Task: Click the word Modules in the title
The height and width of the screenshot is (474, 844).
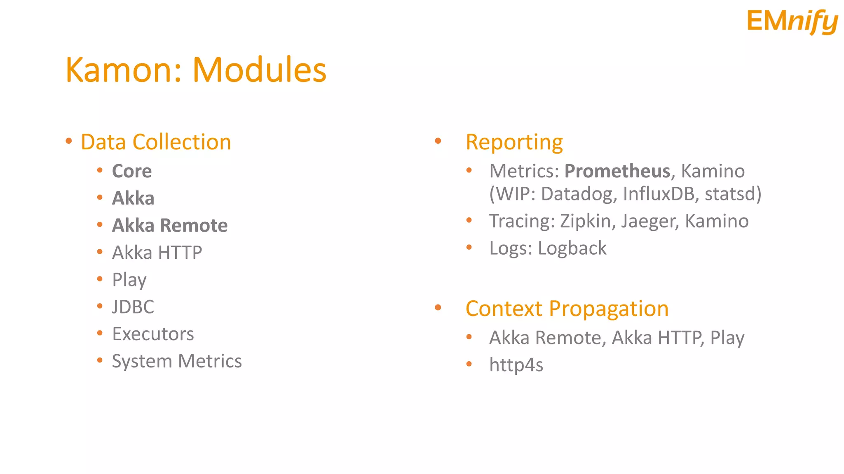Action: (259, 70)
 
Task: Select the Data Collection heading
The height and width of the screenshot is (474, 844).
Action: (156, 142)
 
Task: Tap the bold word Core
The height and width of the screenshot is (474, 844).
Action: (132, 171)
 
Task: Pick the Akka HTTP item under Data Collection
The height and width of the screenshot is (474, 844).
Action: (157, 253)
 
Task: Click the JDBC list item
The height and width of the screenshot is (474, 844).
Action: (133, 307)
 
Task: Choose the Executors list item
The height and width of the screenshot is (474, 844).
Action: (153, 334)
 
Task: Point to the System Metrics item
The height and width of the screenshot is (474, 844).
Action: (177, 361)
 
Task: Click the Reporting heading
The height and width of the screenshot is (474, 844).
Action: (514, 142)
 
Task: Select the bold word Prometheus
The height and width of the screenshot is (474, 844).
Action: (617, 171)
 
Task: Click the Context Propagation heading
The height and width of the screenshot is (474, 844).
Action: (567, 309)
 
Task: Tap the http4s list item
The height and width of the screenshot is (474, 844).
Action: (516, 365)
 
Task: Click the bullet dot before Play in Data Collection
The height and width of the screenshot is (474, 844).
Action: (100, 279)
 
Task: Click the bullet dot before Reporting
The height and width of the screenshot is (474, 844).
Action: (438, 141)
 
